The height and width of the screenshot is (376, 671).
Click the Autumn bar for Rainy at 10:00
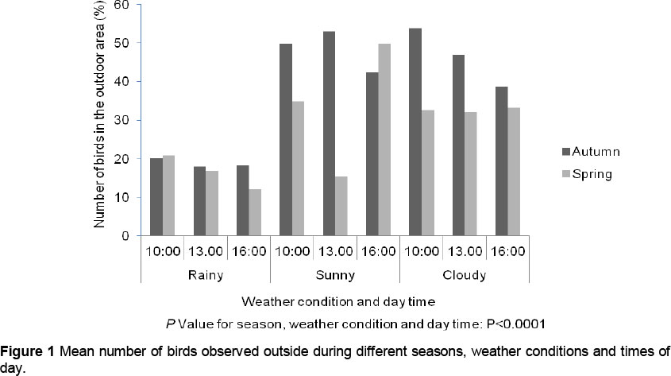tap(156, 197)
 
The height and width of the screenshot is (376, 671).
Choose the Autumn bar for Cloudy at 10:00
tap(415, 132)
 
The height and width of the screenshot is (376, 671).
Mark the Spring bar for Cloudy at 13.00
tap(469, 174)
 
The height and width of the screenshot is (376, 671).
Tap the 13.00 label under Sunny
tap(334, 252)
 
